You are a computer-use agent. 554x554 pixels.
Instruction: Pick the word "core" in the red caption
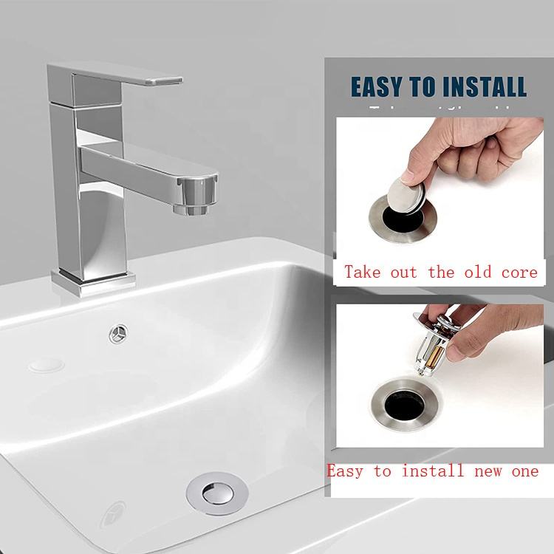pyautogui.click(x=520, y=272)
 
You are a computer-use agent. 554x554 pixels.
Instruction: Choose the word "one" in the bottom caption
pyautogui.click(x=524, y=471)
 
